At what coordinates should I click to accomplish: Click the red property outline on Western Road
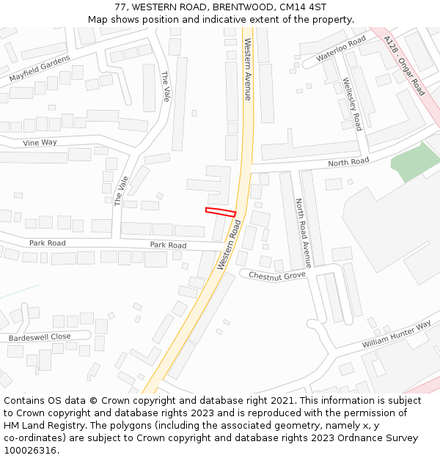point(221,212)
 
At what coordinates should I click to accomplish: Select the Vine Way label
point(40,143)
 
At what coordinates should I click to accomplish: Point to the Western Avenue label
point(248,69)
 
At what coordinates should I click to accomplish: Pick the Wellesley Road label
point(353,104)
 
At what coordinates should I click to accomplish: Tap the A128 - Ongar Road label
point(404,67)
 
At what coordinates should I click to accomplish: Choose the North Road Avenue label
point(304,232)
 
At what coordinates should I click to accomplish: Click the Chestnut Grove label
point(276,276)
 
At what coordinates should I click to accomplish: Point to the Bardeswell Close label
point(40,337)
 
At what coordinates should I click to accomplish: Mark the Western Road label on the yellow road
point(230,247)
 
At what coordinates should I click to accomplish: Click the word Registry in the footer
point(78,425)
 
